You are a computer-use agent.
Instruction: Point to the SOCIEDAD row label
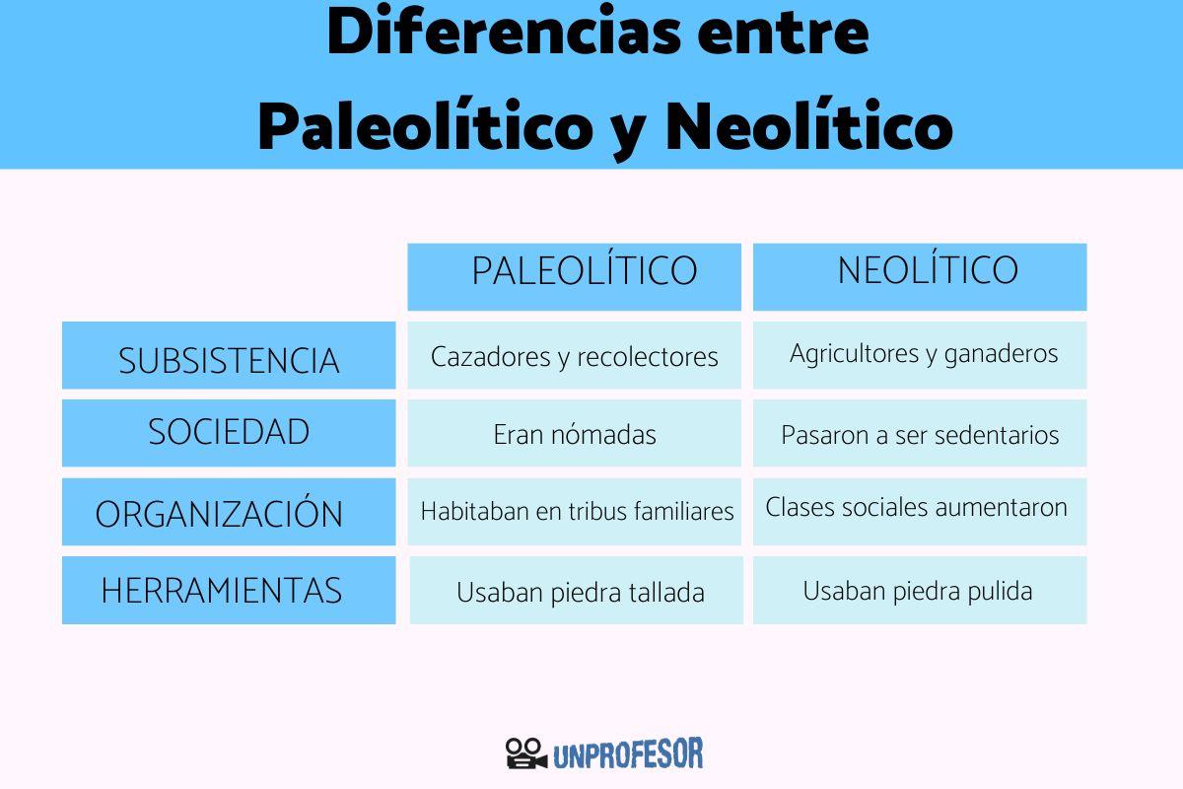click(229, 433)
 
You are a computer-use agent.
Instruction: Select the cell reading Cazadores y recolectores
click(575, 356)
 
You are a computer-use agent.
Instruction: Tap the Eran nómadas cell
click(575, 434)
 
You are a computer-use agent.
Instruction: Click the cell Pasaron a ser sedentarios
click(920, 434)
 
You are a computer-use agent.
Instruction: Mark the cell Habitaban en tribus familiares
click(577, 512)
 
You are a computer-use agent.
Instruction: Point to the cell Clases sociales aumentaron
click(917, 508)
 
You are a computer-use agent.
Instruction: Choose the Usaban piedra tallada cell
click(580, 592)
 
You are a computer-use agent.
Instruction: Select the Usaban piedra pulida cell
click(918, 591)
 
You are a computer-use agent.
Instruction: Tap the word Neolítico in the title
click(808, 128)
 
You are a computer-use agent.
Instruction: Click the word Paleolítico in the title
click(423, 128)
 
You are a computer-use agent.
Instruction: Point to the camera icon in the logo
click(525, 754)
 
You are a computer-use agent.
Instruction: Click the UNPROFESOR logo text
click(628, 754)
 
